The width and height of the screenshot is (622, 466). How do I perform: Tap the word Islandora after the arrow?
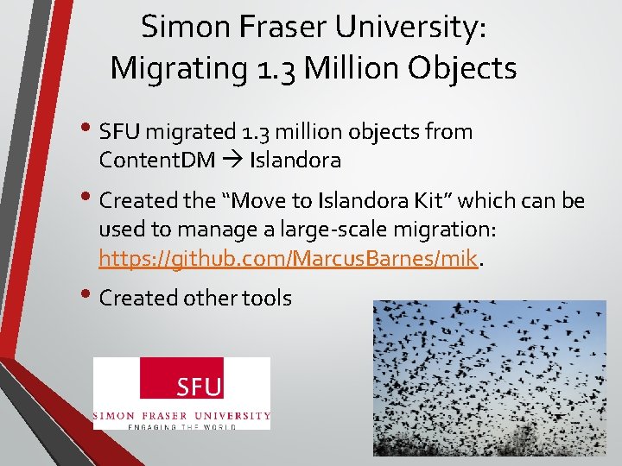coord(295,160)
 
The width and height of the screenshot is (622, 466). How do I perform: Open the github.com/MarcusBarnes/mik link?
coord(289,257)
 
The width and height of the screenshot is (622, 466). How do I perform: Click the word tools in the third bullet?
coord(267,298)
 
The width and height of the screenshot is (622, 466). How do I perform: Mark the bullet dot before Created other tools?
coord(90,295)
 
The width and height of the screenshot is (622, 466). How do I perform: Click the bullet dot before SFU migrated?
coord(90,129)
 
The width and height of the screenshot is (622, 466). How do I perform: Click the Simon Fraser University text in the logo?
coord(181,415)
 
